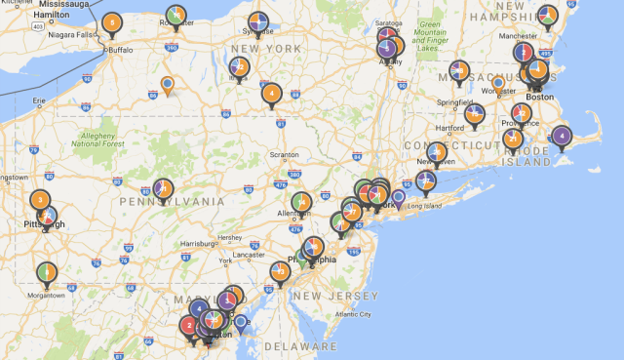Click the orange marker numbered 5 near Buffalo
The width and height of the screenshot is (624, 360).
112,22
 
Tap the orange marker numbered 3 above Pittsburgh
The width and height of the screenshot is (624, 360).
40,200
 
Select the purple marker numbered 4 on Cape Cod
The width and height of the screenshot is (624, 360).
561,136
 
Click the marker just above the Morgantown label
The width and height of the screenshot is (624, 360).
46,272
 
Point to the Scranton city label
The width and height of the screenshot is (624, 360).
284,155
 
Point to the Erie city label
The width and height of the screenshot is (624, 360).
39,100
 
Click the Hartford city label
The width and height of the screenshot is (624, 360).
450,128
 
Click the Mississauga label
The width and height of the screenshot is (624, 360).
65,5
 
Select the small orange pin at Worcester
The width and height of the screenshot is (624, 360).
497,84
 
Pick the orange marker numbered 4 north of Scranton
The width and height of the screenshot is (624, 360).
272,94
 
